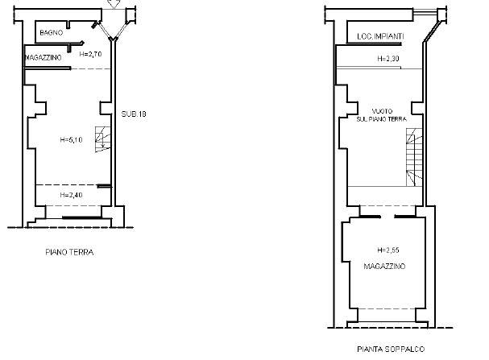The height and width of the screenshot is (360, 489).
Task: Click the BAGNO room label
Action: [x=52, y=32]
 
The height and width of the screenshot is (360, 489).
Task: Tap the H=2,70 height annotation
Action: [x=90, y=54]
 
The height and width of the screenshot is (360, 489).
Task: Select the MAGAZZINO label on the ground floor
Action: [x=44, y=58]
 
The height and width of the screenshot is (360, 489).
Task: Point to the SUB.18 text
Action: [x=134, y=114]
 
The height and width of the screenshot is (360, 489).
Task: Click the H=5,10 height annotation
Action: [x=71, y=140]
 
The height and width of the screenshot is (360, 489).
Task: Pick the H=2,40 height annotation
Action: [x=71, y=195]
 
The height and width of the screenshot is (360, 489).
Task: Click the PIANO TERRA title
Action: [x=69, y=252]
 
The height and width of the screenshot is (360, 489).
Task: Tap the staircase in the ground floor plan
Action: [x=103, y=139]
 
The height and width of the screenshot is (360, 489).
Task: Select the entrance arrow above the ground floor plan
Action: [x=114, y=4]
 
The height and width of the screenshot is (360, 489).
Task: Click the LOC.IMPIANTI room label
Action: [x=380, y=36]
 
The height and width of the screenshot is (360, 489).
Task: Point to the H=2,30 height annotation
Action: [x=388, y=59]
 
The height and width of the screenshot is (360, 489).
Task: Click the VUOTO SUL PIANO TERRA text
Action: [x=382, y=115]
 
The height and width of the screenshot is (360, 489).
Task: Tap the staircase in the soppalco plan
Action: [x=414, y=157]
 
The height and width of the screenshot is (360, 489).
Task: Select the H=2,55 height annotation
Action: [x=388, y=250]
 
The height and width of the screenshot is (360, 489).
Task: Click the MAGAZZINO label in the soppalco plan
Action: [x=384, y=267]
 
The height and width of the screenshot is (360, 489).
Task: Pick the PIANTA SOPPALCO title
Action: [x=391, y=349]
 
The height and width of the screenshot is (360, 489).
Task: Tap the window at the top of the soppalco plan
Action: [x=425, y=13]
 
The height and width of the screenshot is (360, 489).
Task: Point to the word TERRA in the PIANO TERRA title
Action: [x=81, y=252]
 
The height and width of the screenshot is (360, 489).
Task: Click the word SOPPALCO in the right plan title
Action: [x=404, y=349]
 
